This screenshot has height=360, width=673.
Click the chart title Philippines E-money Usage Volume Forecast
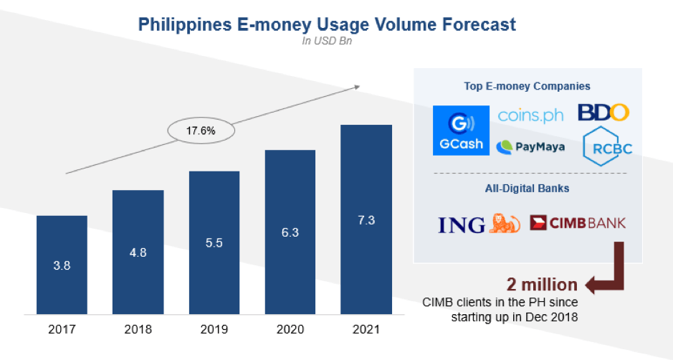point(326,24)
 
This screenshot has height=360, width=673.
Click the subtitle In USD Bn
point(326,41)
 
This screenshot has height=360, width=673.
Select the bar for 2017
point(62,265)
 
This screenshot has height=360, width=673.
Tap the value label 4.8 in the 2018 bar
point(138,252)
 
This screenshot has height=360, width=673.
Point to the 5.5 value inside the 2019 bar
point(214,242)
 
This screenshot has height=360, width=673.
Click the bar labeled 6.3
point(290,233)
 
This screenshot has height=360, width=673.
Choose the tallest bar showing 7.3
point(366,219)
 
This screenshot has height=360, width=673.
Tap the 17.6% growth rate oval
point(201,131)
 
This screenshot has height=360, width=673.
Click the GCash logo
point(458,130)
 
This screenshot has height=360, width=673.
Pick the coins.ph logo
point(530,115)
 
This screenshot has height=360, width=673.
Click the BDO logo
point(603,112)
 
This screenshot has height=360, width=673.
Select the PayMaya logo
point(530,147)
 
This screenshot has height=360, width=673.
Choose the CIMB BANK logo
point(578,223)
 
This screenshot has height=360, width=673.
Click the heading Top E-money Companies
point(527,86)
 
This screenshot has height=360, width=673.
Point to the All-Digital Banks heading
point(527,189)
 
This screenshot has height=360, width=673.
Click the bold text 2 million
point(542,285)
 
